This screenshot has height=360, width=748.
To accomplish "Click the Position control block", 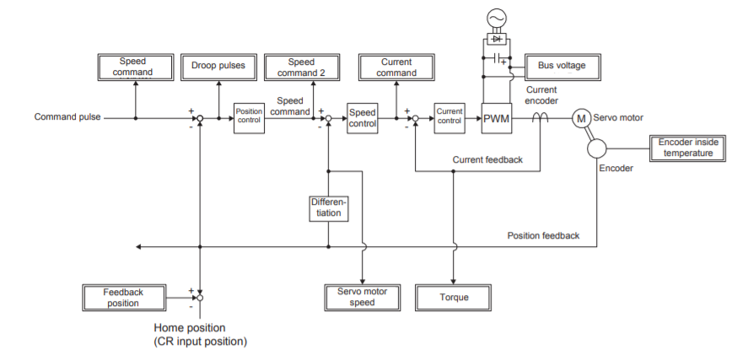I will click(250, 119).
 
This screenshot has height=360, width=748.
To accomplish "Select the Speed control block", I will click(363, 119).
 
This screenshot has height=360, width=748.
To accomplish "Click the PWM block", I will click(497, 119).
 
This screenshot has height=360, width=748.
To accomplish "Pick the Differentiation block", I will click(328, 208).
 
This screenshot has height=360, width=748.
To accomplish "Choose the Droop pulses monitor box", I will click(218, 67).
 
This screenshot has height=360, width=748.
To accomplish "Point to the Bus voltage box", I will click(556, 66).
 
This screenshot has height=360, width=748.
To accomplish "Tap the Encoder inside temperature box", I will click(688, 148).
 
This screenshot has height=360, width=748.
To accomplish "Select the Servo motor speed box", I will click(362, 297).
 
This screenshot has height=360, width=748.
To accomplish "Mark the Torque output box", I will click(454, 297).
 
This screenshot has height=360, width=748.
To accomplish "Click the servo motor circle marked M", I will click(581, 119).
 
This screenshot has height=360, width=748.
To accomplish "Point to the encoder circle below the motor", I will click(597, 148).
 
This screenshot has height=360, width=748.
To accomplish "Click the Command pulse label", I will click(67, 117).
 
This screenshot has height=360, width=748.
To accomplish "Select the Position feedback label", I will click(543, 235).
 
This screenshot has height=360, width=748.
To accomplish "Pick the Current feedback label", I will click(487, 159).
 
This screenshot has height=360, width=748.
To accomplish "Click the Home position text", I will click(190, 328).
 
